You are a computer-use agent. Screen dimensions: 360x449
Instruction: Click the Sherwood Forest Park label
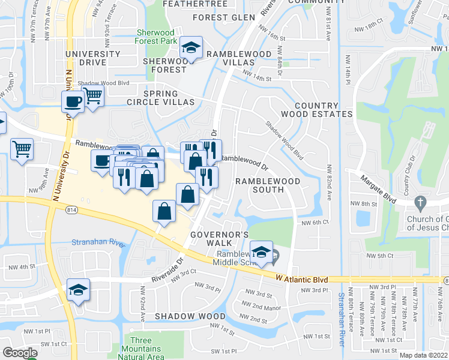pyautogui.click(x=155, y=37)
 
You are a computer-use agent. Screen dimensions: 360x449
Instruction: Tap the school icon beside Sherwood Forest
pyautogui.click(x=191, y=48)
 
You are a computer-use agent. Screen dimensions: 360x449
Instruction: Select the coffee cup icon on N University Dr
pyautogui.click(x=73, y=101)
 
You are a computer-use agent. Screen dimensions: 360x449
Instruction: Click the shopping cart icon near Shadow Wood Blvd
pyautogui.click(x=93, y=95)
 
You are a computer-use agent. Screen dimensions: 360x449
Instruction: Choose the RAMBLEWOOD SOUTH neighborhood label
pyautogui.click(x=259, y=185)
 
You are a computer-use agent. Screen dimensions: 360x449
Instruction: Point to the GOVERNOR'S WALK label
pyautogui.click(x=219, y=238)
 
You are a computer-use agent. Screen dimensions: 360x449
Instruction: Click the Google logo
pyautogui.click(x=19, y=353)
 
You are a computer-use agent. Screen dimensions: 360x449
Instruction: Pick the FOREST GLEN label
pyautogui.click(x=224, y=17)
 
